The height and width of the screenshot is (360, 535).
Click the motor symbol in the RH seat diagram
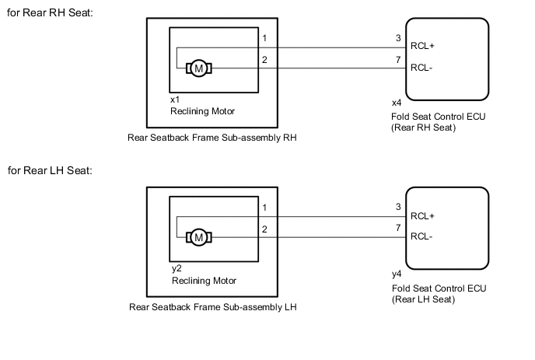coord(198,68)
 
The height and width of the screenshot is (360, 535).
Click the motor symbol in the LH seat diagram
coord(198,237)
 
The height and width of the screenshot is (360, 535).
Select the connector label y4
coord(397,274)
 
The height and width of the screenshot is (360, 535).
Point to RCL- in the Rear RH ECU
coord(421,68)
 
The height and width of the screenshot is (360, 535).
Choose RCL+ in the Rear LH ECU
coord(422,216)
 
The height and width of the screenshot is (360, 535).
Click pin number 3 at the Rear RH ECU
coord(398,37)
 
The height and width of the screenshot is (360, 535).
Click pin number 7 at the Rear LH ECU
coord(398,228)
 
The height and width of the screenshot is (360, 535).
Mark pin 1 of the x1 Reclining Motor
coord(265,38)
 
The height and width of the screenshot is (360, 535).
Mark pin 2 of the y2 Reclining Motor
coord(265,229)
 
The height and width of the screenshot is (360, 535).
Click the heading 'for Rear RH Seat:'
coord(49,12)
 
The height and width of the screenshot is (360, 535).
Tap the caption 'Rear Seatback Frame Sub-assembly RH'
coord(213,138)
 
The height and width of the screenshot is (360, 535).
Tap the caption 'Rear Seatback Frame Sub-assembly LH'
coord(213,307)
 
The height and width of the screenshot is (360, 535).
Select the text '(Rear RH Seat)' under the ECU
coord(424,128)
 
